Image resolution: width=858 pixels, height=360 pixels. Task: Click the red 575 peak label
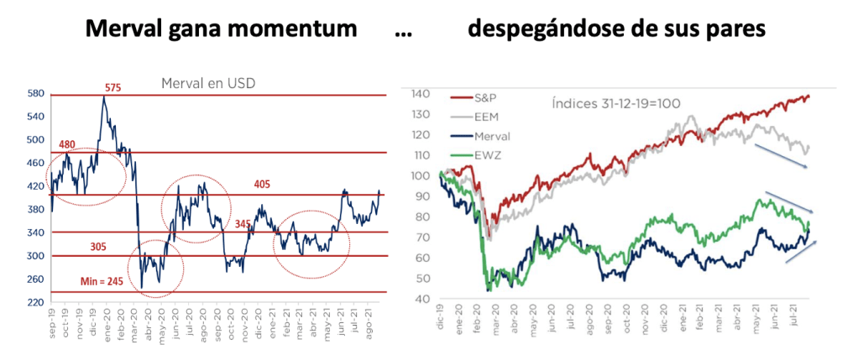click(x=114, y=87)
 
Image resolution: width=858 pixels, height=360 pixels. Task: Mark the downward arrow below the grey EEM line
click(x=781, y=156)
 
